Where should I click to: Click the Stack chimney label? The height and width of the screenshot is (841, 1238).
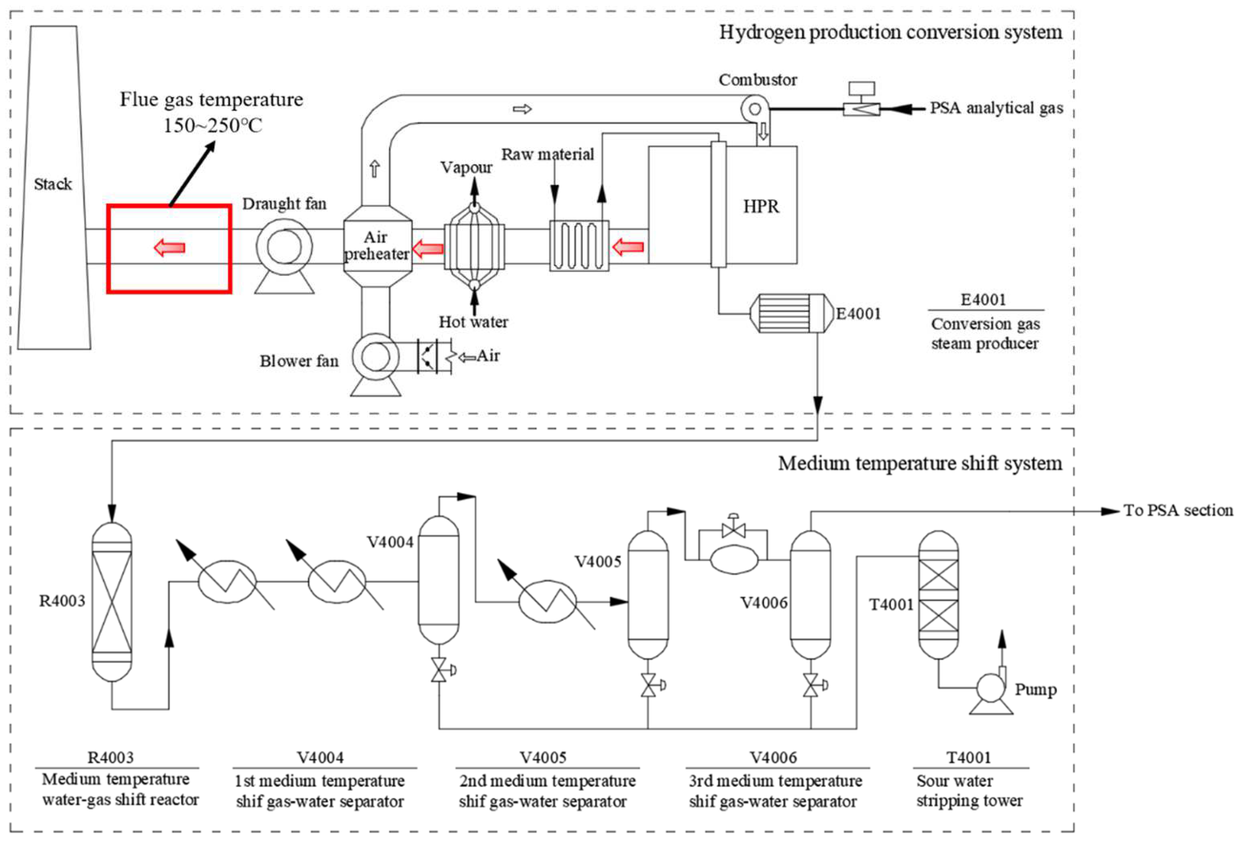pyautogui.click(x=53, y=184)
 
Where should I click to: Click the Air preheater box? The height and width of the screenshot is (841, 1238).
pyautogui.click(x=377, y=246)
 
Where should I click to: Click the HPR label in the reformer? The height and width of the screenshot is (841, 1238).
pyautogui.click(x=761, y=207)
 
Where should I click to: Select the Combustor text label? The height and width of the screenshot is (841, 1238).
pyautogui.click(x=758, y=80)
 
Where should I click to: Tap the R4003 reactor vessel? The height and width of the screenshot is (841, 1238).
pyautogui.click(x=112, y=602)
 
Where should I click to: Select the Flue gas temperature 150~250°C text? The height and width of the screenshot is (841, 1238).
pyautogui.click(x=212, y=112)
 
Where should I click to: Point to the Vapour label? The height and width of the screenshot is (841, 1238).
pyautogui.click(x=466, y=167)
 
